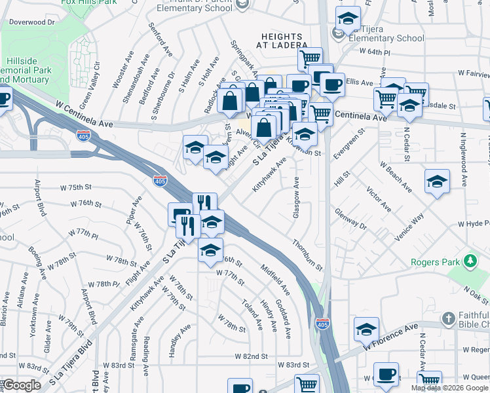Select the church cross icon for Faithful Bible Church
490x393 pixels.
[x=449, y=320]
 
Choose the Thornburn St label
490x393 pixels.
[x=307, y=255]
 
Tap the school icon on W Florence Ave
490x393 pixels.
[x=366, y=329]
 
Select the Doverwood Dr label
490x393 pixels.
[x=31, y=22]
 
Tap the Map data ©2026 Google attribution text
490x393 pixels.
[x=449, y=388]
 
